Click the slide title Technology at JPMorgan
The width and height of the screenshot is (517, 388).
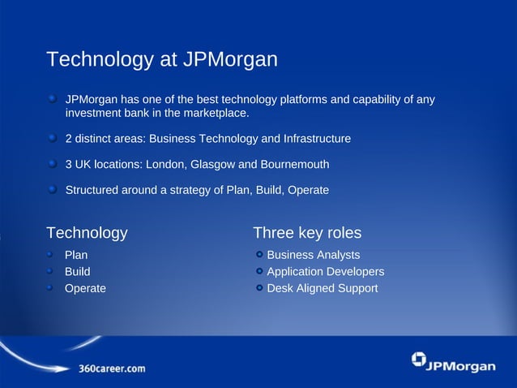coord(162,60)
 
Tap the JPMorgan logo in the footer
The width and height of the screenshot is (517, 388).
coord(453,363)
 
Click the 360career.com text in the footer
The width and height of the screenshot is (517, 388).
coord(112,368)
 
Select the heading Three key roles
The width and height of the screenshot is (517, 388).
coord(307,233)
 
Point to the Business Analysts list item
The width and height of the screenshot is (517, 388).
coord(314,255)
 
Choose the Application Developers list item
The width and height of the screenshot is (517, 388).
coord(325,271)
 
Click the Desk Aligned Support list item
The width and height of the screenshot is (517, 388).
coord(322,287)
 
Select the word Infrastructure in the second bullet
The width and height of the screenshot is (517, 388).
coord(313,139)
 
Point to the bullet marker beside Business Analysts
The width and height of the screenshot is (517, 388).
coord(259,255)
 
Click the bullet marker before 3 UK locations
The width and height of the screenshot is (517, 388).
coord(53,164)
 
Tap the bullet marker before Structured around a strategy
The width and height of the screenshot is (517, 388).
coord(53,190)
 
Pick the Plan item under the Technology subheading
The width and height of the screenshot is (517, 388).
coord(76,255)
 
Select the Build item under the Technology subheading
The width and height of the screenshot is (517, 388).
coord(78,271)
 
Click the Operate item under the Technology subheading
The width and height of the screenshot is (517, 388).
coord(85,287)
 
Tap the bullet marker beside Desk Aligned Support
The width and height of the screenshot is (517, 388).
coord(259,287)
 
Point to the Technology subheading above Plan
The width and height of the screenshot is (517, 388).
coord(87,233)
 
